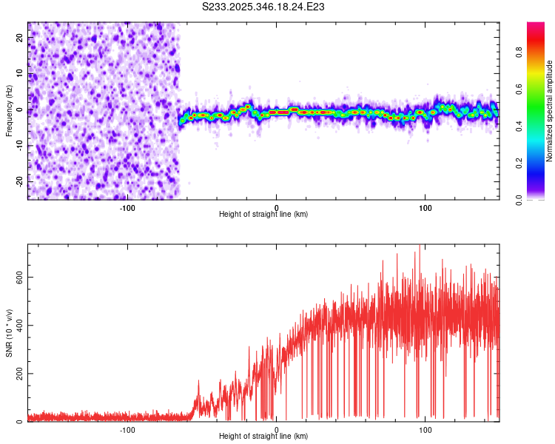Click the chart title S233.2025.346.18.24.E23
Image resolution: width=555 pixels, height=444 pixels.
tap(264, 7)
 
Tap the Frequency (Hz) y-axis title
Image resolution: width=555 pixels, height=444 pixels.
tap(9, 110)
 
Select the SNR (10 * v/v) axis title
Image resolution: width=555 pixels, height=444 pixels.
tap(9, 332)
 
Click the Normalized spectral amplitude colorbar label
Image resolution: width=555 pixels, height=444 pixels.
tap(550, 111)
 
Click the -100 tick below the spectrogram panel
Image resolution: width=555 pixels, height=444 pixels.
tap(127, 206)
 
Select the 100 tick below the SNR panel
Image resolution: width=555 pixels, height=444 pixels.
tap(425, 429)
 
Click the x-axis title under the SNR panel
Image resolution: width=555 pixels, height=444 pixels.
tap(263, 437)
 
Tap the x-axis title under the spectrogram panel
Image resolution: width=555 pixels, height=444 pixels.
tap(263, 214)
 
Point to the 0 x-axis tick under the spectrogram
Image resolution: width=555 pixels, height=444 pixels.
tap(276, 206)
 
